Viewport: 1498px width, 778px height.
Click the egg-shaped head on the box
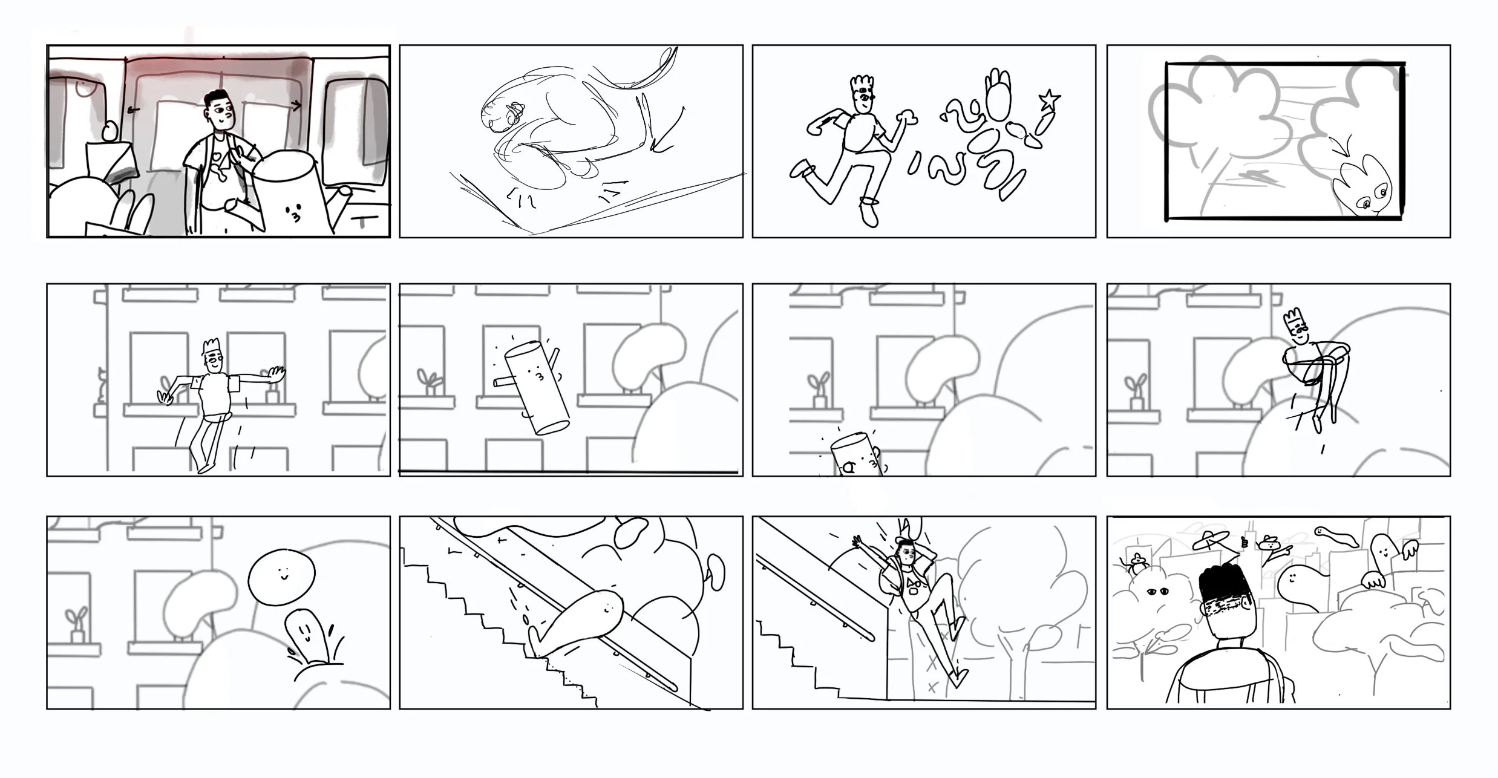point(110,132)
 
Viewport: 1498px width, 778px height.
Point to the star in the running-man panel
point(1049,99)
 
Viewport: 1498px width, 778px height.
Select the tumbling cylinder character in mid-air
point(536,387)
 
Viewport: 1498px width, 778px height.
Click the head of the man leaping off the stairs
point(906,552)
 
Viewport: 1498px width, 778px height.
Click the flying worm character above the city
point(1336,534)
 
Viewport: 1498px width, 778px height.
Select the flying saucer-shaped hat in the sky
point(1210,537)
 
